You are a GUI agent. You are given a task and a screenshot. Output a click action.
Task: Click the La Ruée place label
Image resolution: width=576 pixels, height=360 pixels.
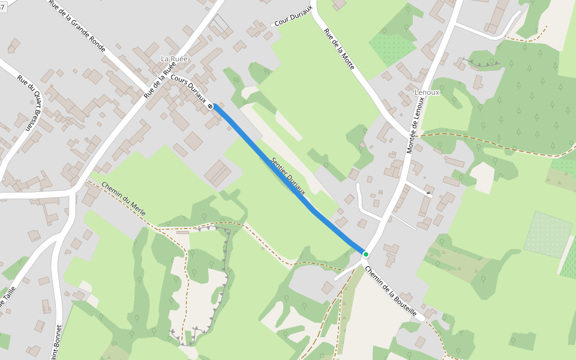(174, 59)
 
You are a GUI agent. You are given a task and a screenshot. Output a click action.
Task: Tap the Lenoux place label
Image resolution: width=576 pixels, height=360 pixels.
(427, 92)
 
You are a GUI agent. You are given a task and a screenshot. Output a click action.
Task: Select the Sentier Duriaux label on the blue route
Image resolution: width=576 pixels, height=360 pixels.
(289, 176)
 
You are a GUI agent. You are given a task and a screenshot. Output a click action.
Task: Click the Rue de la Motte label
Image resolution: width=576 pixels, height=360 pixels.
(339, 49)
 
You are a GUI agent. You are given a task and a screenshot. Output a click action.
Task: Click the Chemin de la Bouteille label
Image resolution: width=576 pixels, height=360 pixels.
(391, 291)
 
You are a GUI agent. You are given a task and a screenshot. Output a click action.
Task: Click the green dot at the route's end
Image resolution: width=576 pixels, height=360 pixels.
(365, 254)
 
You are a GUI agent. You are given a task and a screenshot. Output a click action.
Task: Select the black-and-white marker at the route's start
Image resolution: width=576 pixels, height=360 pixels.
(211, 106)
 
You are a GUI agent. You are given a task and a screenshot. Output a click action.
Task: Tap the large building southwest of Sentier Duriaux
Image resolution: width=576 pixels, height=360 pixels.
(218, 173)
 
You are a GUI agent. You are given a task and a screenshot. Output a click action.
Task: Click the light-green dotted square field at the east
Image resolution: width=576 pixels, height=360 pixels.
(548, 234)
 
